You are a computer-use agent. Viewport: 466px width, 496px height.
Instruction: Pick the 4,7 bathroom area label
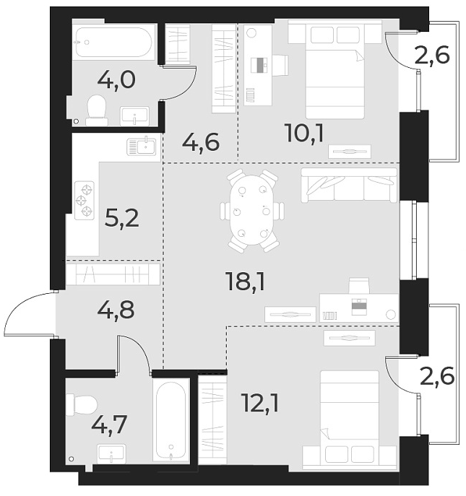[x=108, y=424]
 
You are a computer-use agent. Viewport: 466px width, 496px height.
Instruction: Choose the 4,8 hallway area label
[x=116, y=312]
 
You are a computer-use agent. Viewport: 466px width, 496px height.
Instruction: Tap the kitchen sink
[x=142, y=147]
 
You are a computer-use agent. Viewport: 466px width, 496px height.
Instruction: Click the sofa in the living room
[x=349, y=186]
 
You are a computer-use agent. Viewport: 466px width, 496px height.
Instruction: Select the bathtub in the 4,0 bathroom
[x=114, y=43]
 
